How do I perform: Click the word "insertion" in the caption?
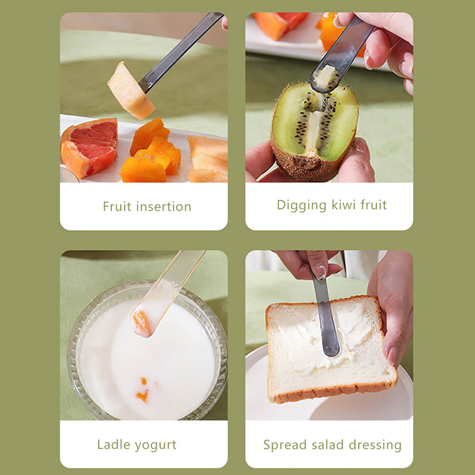[164, 207]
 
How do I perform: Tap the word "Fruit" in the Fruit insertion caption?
[117, 207]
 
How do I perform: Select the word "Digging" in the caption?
[302, 205]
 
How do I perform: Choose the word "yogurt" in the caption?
[156, 445]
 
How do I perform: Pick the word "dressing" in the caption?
[375, 445]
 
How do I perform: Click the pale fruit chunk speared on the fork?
[130, 91]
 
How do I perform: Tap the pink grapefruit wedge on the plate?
[90, 147]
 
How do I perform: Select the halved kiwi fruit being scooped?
[315, 132]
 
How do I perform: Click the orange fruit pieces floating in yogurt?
[142, 389]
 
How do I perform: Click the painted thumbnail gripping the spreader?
[320, 271]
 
